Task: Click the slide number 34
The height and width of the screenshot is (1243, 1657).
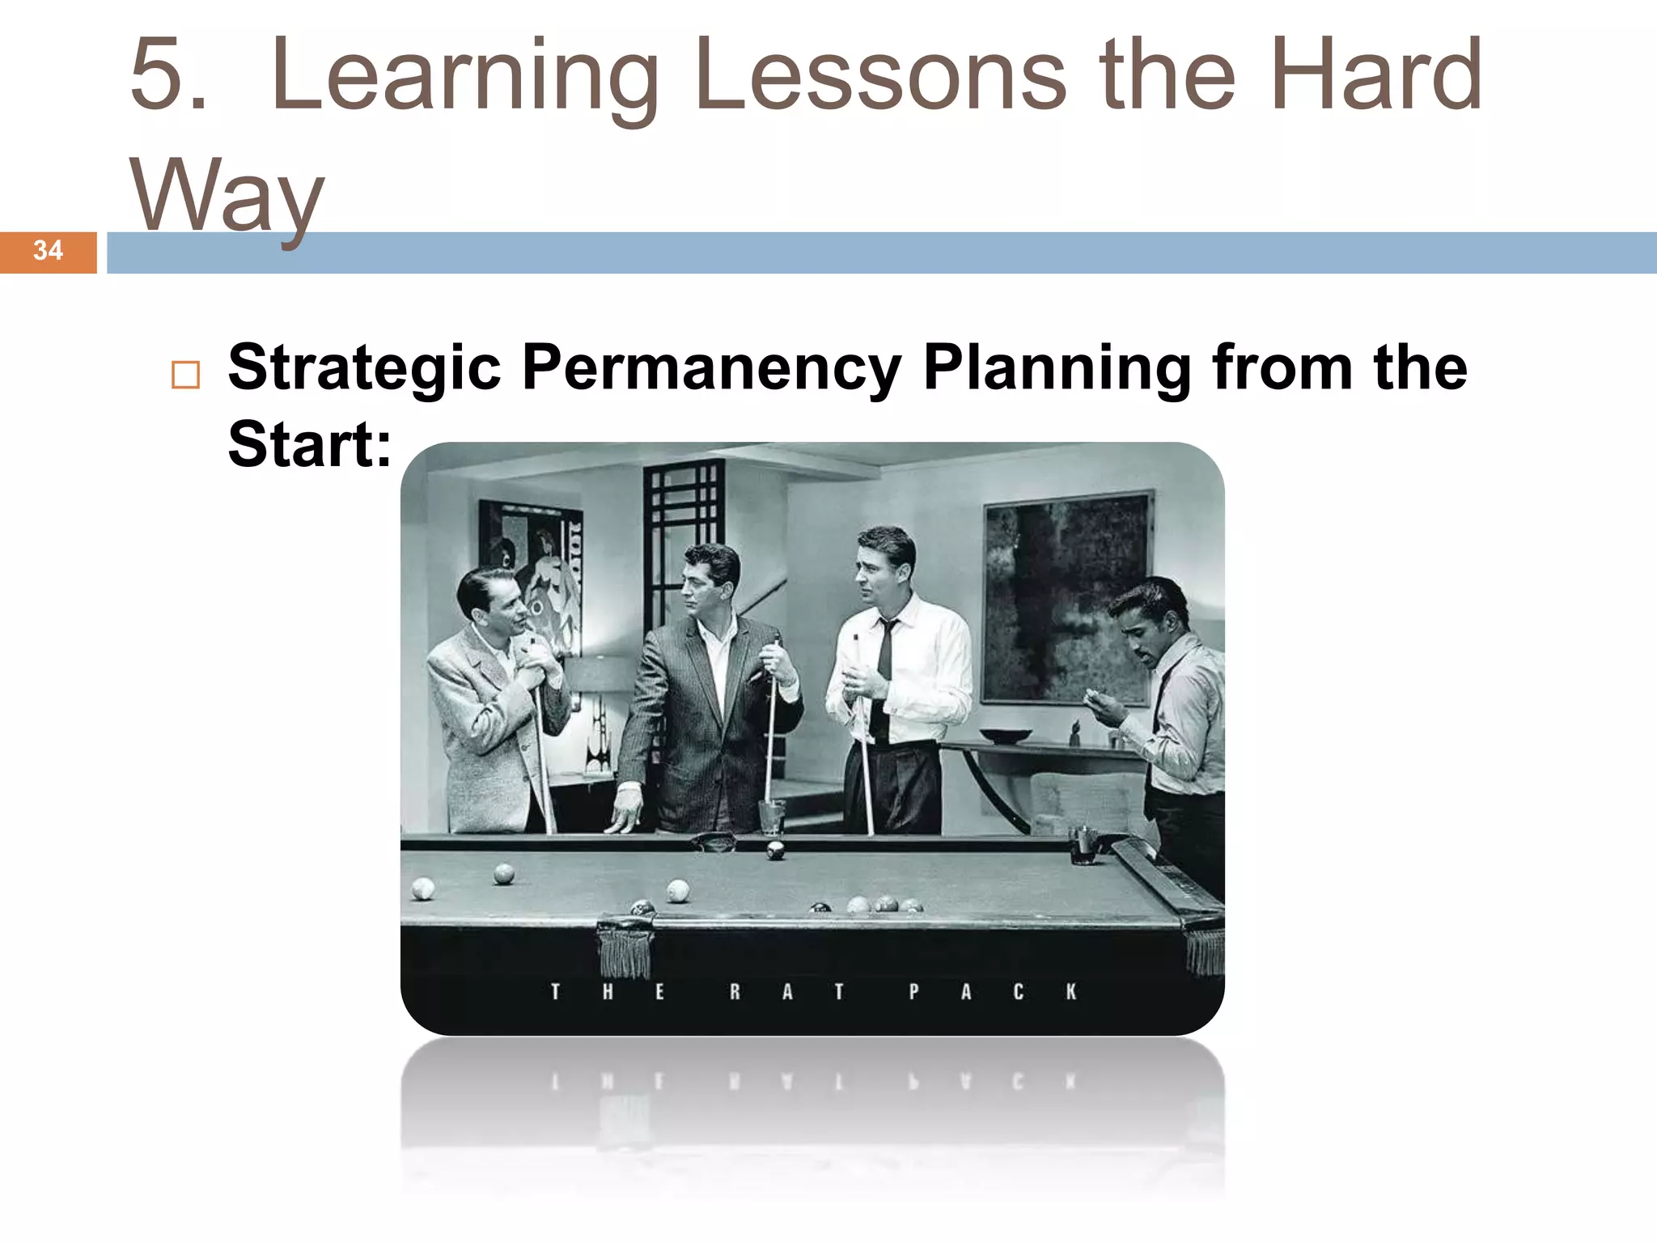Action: (x=48, y=251)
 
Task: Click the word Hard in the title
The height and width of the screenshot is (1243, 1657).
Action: (x=1375, y=77)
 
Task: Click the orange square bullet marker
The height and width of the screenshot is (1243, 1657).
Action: (x=185, y=375)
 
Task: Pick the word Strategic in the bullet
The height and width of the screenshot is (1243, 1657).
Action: (x=364, y=368)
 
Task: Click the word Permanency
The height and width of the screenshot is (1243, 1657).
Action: (x=712, y=368)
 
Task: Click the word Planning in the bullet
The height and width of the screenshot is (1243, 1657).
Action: (x=1057, y=368)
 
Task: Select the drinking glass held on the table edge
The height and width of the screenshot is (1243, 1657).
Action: (x=771, y=816)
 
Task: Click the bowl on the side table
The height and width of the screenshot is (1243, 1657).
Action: (x=1005, y=736)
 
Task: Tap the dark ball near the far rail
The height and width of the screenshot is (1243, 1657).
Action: (x=775, y=851)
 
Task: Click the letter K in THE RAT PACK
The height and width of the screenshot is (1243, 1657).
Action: (x=1070, y=991)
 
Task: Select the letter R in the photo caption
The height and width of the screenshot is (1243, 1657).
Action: (x=735, y=991)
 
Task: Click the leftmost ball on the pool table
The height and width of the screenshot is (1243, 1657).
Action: (x=422, y=889)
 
